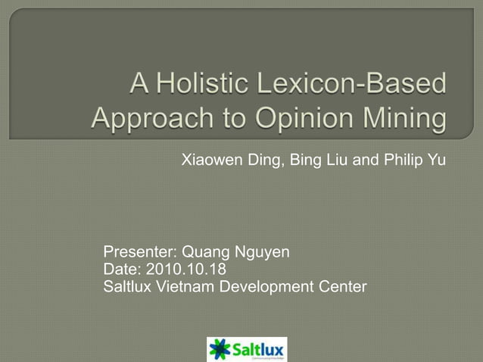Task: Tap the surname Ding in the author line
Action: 261,161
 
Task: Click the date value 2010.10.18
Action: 185,270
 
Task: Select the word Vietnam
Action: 182,287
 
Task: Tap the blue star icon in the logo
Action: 220,349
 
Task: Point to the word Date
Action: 121,270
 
